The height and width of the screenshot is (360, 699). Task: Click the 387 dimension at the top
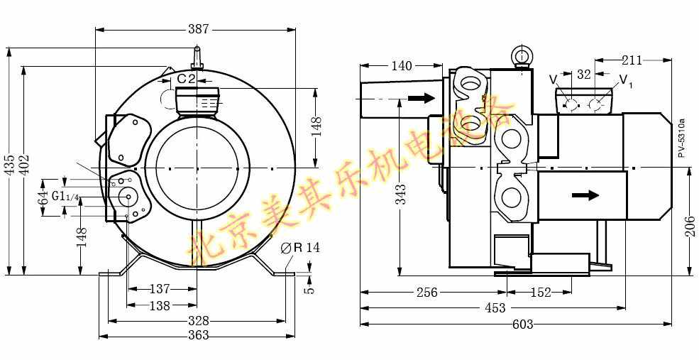click(198, 29)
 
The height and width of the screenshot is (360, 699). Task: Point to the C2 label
click(187, 79)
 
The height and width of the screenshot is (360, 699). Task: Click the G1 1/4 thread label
click(65, 196)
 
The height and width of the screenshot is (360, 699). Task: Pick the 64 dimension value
click(43, 197)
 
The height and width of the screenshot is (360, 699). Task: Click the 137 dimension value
click(160, 289)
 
